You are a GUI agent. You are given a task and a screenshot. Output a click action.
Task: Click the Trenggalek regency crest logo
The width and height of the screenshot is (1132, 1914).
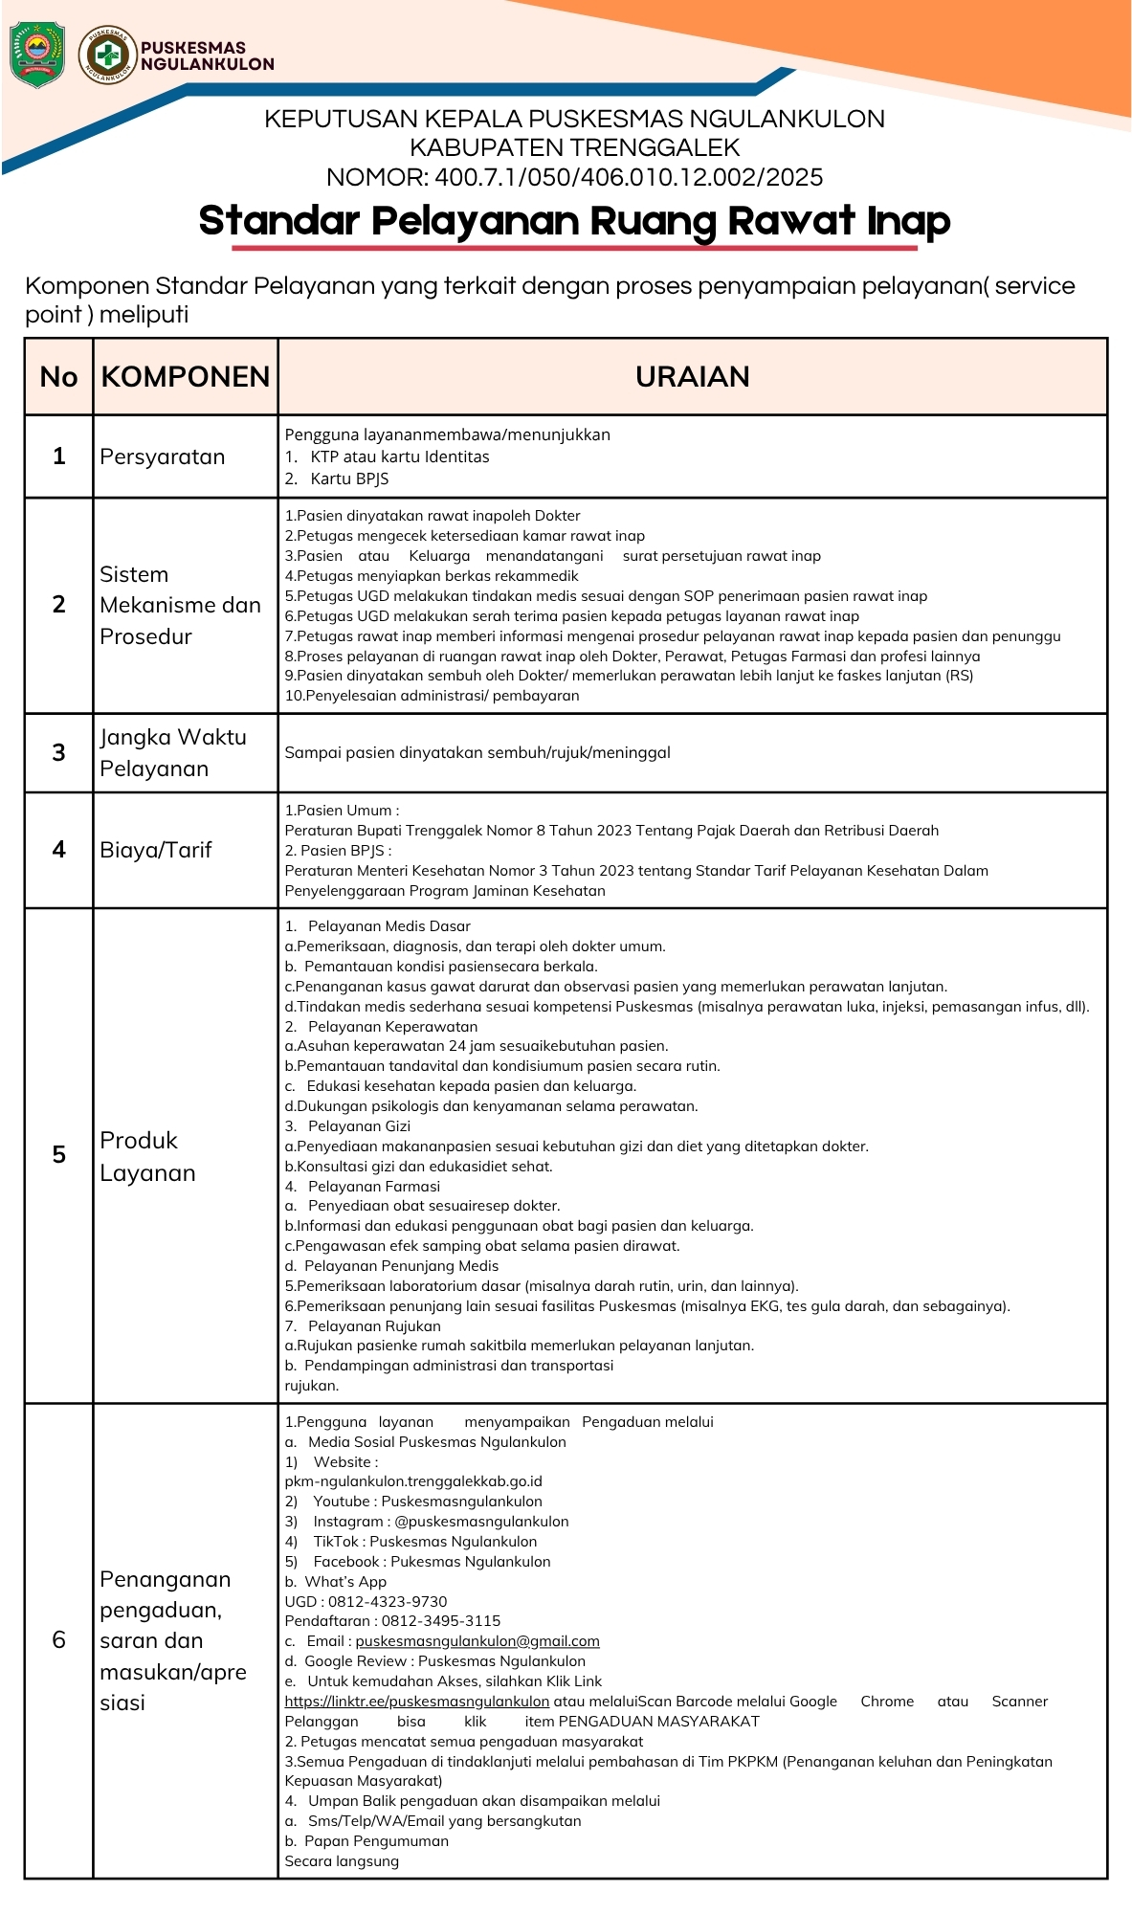point(36,55)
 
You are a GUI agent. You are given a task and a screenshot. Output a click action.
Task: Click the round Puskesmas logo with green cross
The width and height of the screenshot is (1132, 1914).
point(107,55)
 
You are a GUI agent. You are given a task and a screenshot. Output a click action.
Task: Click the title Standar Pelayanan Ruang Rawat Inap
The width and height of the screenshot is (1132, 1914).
point(574,221)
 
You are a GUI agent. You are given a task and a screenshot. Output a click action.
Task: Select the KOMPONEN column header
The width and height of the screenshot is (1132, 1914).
point(186,377)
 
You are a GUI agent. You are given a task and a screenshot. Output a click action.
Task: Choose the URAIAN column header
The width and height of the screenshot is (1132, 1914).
point(692,377)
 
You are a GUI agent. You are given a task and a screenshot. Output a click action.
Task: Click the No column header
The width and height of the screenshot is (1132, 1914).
point(58,377)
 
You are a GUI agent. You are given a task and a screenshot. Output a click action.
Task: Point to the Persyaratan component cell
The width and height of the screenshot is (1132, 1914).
point(163,456)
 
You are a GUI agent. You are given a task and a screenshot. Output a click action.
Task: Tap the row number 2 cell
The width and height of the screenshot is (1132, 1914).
point(58,605)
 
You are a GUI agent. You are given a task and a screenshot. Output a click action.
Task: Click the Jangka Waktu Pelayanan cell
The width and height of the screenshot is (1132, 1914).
point(172,752)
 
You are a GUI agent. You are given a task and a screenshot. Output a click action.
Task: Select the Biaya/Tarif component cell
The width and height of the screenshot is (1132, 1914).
point(156,850)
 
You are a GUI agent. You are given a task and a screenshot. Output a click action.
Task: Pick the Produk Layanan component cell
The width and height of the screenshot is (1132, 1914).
point(147,1156)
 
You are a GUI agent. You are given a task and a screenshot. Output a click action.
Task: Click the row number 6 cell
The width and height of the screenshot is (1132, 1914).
point(58,1640)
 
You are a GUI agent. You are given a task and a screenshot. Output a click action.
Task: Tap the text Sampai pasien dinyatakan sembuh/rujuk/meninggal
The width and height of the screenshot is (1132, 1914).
point(477,752)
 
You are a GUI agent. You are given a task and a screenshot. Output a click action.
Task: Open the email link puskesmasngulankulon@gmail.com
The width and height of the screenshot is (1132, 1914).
point(477,1641)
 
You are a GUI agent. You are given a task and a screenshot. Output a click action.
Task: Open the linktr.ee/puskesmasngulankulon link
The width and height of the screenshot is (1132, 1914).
point(417,1702)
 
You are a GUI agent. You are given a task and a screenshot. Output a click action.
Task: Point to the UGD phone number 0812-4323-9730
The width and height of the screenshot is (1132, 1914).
point(388,1601)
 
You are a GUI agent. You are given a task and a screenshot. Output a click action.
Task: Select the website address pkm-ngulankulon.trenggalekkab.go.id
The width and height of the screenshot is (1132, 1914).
point(413,1481)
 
